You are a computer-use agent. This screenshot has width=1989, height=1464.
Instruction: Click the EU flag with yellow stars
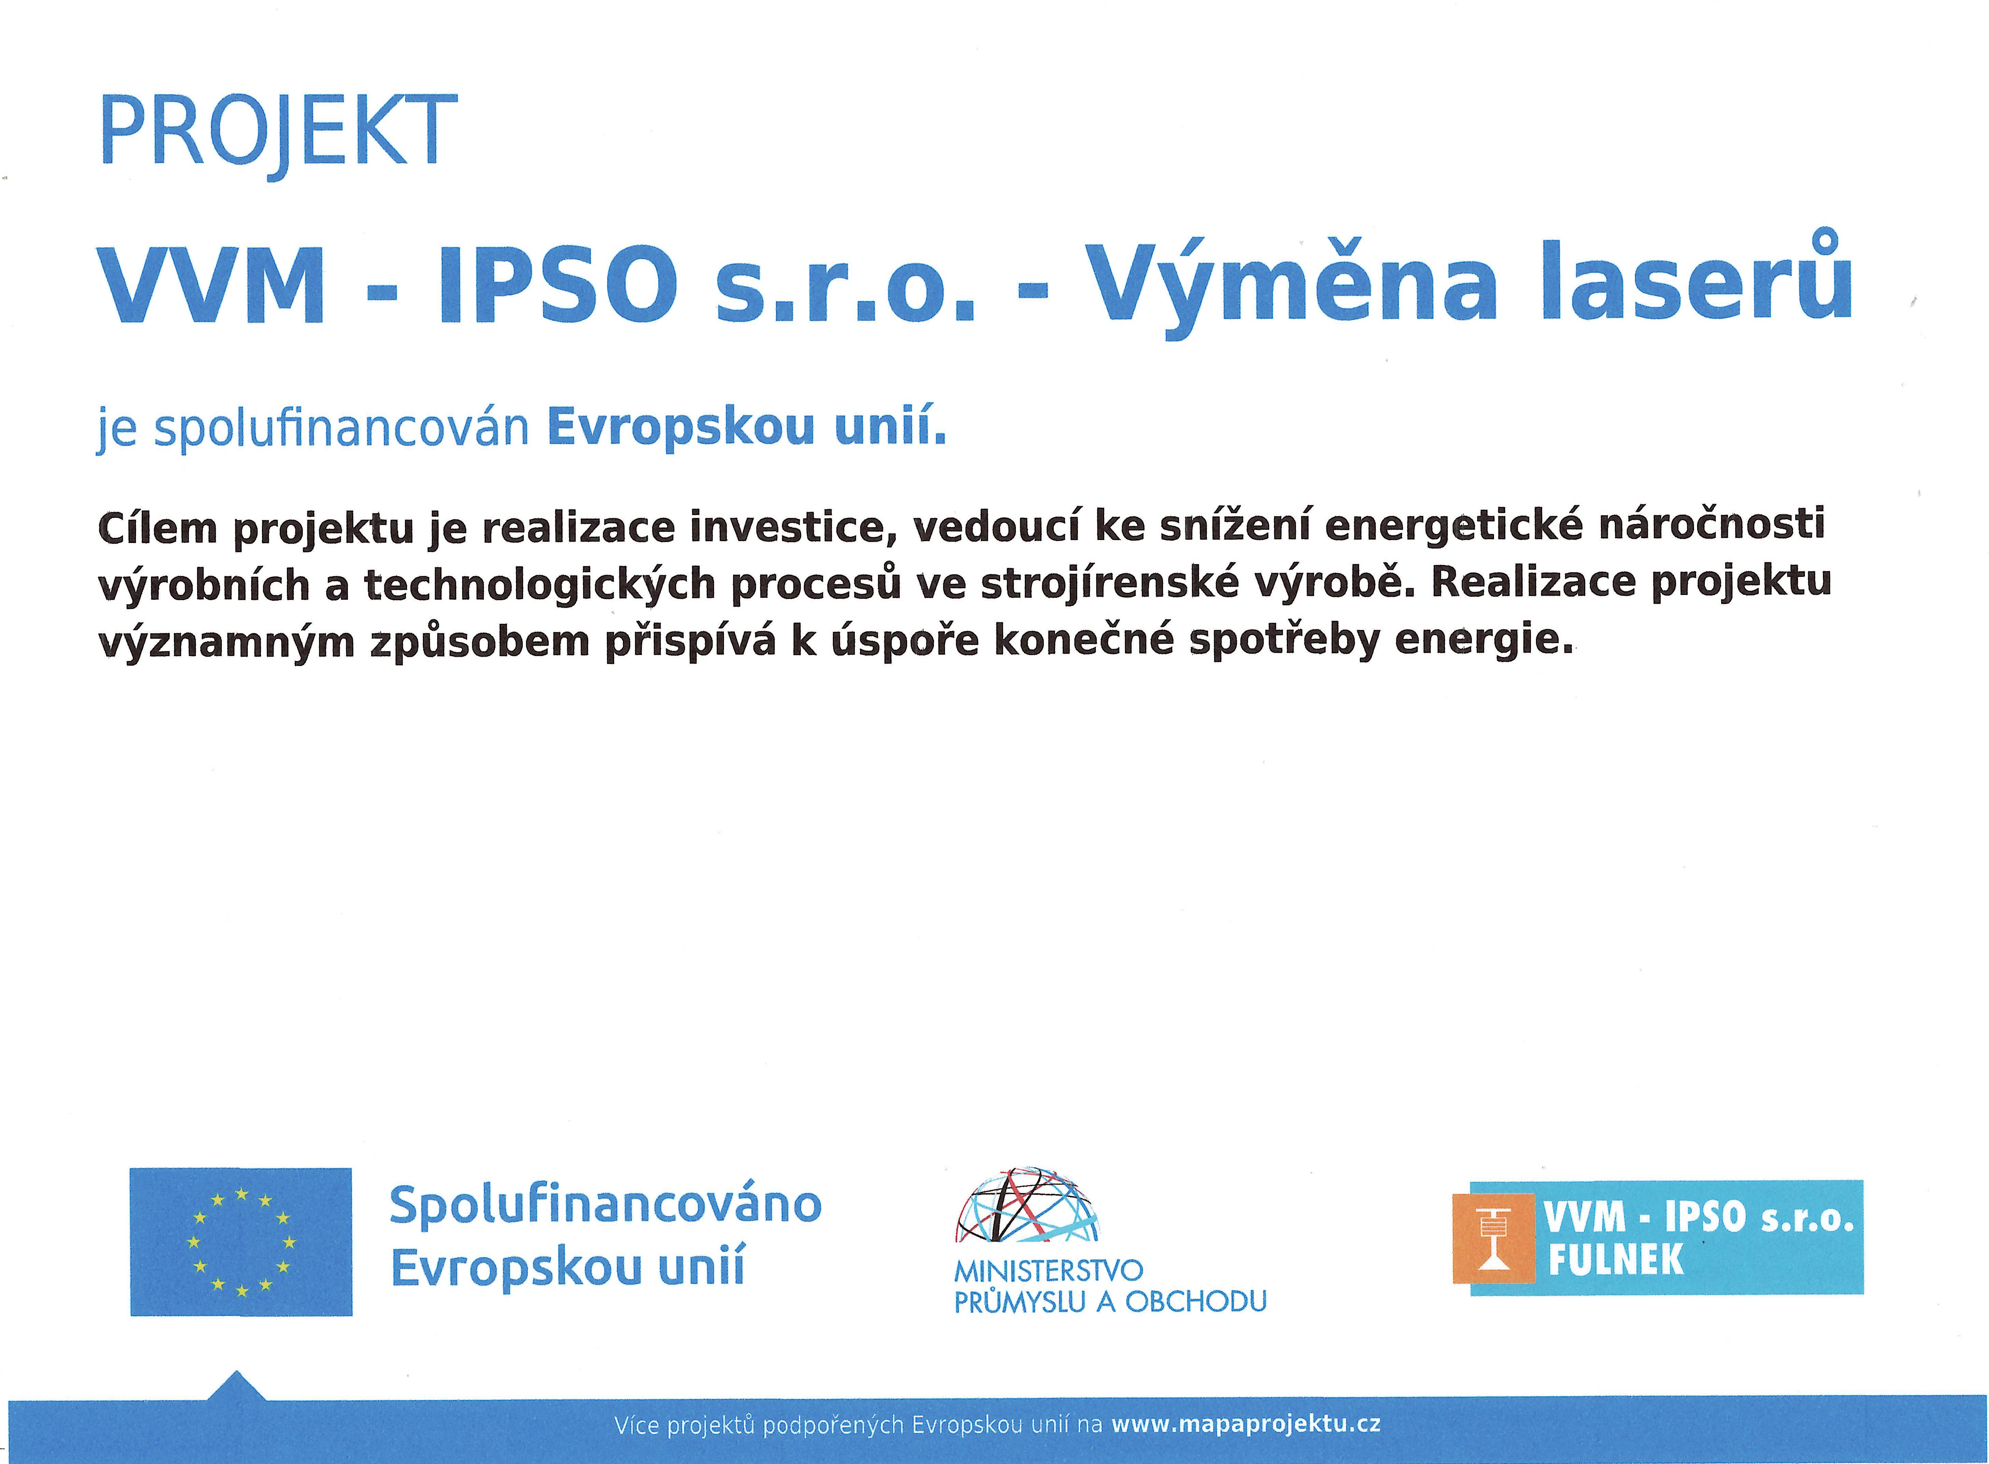[241, 1242]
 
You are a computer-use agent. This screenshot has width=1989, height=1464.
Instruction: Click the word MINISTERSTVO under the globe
[1048, 1272]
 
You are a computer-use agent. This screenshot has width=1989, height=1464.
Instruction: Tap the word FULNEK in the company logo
[1616, 1259]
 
